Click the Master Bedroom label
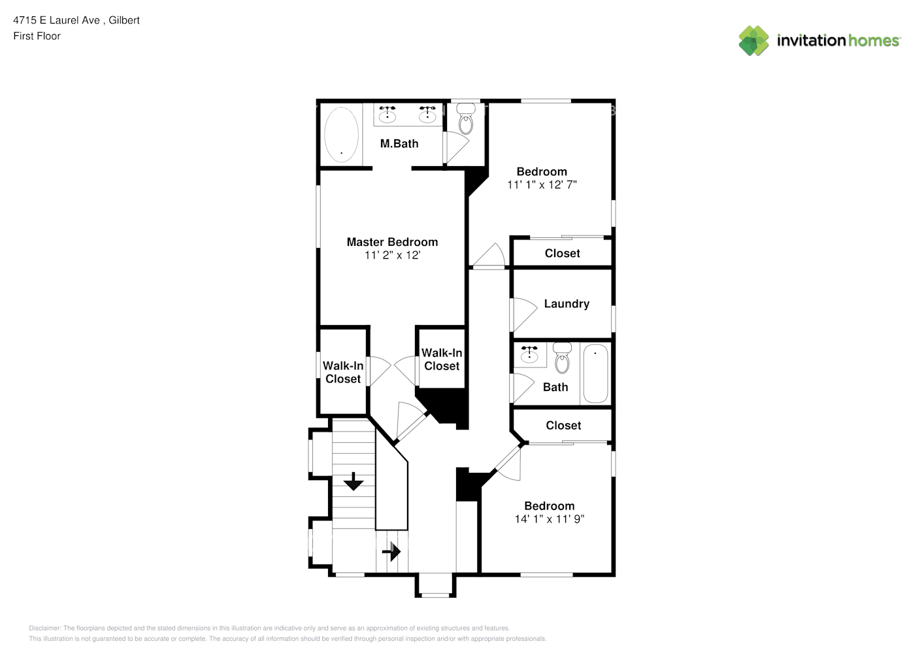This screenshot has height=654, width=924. (392, 242)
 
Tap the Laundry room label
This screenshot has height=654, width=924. (567, 304)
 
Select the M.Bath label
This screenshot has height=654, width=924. (399, 144)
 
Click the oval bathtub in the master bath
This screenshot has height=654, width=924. (341, 135)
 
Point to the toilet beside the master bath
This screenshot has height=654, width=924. (466, 119)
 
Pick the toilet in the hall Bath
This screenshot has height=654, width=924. (562, 358)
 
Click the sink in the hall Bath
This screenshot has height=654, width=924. (529, 354)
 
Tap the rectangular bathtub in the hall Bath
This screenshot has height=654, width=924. (596, 373)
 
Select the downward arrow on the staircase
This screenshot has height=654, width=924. (354, 481)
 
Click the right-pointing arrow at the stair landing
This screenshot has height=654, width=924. (391, 551)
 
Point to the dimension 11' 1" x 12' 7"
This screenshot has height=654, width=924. (542, 185)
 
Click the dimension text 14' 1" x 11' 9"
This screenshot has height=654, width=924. (549, 519)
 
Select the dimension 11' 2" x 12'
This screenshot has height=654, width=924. (392, 255)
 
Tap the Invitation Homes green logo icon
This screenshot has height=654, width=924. (753, 41)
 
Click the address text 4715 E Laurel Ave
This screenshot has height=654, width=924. (56, 20)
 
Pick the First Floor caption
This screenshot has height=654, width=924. (37, 36)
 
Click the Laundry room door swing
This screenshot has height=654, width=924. (524, 315)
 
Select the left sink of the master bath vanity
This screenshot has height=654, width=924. (388, 114)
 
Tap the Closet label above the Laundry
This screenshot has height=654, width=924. (562, 253)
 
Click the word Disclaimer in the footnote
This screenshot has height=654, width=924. (44, 628)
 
